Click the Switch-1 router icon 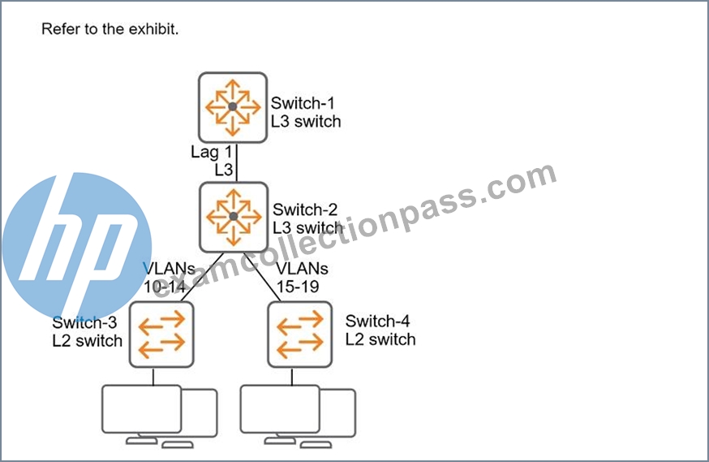233,107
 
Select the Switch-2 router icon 234,217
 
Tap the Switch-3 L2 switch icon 161,335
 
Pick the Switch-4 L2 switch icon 300,335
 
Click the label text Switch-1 303,103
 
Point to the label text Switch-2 305,210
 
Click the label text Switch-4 377,322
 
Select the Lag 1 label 211,152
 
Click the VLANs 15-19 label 302,278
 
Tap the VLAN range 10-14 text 165,287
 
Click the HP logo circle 77,246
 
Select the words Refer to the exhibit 110,29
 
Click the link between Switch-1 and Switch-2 237,162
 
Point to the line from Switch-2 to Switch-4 263,277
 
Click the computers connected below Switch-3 159,417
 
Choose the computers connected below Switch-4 298,417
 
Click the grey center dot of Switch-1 233,107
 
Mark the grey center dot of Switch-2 234,216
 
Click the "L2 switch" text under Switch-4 380,339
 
